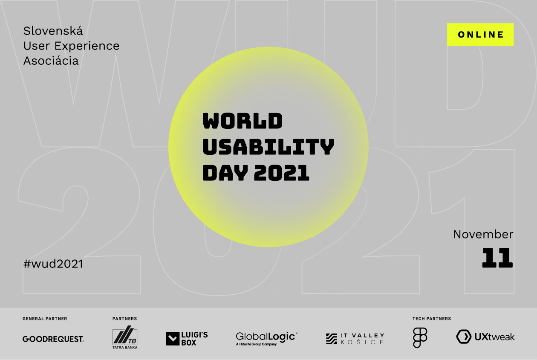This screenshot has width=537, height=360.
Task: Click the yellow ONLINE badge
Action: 480,35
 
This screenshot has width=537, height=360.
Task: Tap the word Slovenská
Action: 53,31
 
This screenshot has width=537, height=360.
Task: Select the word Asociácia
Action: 51,61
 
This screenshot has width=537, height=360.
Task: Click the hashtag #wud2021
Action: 53,264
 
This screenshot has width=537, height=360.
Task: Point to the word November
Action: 483,234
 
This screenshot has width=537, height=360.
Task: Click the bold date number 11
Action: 497,258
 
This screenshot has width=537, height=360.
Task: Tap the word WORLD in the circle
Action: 243,121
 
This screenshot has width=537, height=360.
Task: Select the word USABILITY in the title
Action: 268,147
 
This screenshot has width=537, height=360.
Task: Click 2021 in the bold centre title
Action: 281,173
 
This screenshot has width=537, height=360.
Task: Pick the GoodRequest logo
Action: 53,339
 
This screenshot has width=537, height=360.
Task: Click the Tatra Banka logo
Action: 125,337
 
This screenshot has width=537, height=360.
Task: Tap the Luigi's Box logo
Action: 187,338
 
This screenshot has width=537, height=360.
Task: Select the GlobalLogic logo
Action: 267,339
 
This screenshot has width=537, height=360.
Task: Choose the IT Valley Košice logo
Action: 355,339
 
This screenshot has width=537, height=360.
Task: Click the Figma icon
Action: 420,338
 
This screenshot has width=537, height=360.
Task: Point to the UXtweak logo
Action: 485,337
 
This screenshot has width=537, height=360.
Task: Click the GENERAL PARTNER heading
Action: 45,319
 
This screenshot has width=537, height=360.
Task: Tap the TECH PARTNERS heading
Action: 431,319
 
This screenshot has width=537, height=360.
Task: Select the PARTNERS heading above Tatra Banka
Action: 124,319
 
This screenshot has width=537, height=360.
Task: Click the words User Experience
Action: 71,46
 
